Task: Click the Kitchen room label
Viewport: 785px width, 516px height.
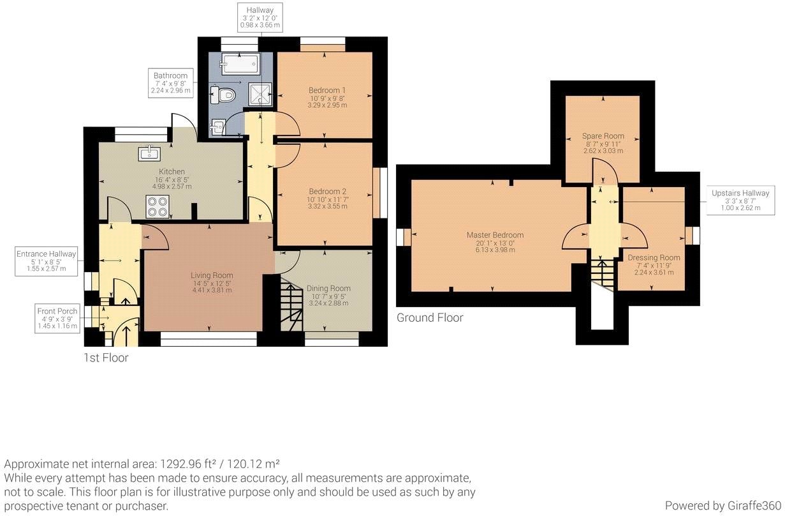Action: point(172,172)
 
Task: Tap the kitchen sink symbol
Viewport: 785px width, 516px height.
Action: point(149,152)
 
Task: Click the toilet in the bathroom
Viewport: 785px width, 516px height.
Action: point(224,95)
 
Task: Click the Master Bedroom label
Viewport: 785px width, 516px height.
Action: point(495,235)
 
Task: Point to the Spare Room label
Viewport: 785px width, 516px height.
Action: point(603,136)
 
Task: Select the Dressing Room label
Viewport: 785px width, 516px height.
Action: point(654,257)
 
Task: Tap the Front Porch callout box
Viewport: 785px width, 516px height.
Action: point(57,318)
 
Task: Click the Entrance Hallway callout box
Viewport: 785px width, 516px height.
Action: point(46,261)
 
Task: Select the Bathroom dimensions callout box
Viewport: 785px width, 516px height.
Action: point(170,83)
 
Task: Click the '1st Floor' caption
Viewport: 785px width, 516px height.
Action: point(106,358)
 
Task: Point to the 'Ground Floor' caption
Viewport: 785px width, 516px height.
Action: point(429,317)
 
